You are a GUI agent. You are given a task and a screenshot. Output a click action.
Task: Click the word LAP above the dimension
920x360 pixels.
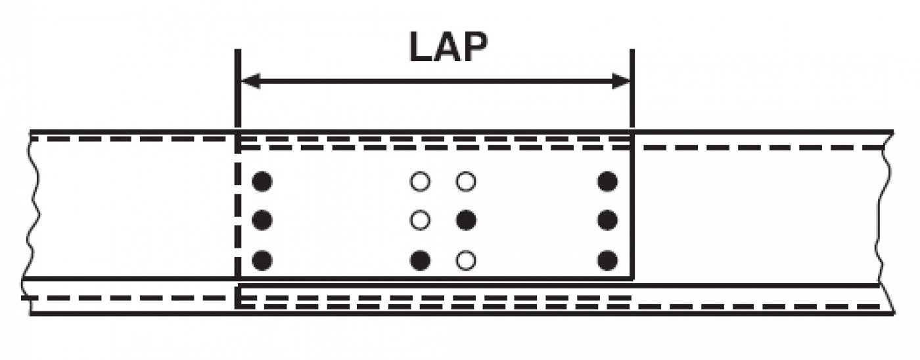tap(449, 47)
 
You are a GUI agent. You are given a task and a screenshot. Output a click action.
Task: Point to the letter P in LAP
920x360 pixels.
tap(476, 47)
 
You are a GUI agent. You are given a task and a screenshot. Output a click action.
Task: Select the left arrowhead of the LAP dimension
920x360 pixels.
tap(250, 81)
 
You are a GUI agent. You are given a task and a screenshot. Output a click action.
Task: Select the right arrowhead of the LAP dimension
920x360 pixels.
tap(621, 81)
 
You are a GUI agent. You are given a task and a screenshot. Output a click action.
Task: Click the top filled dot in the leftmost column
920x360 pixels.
tap(262, 181)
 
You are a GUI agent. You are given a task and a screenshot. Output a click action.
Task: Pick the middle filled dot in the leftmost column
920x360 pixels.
tap(262, 221)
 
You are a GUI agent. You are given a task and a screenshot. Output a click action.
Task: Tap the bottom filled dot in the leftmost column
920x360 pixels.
tap(262, 260)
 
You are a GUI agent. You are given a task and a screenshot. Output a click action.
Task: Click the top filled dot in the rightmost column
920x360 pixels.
tap(607, 181)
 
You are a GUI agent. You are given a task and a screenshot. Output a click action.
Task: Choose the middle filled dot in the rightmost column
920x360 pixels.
tap(607, 221)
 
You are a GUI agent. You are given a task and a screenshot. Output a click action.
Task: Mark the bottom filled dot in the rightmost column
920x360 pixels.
tap(607, 260)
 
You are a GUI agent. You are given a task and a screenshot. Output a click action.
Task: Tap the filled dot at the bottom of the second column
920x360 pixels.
tap(420, 260)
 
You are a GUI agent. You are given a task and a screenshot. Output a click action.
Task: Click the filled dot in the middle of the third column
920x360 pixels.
tap(466, 221)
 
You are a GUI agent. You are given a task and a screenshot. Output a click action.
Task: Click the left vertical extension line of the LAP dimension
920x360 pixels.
tap(238, 88)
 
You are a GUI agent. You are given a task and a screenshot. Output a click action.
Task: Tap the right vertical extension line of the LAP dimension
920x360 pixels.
tap(632, 88)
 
